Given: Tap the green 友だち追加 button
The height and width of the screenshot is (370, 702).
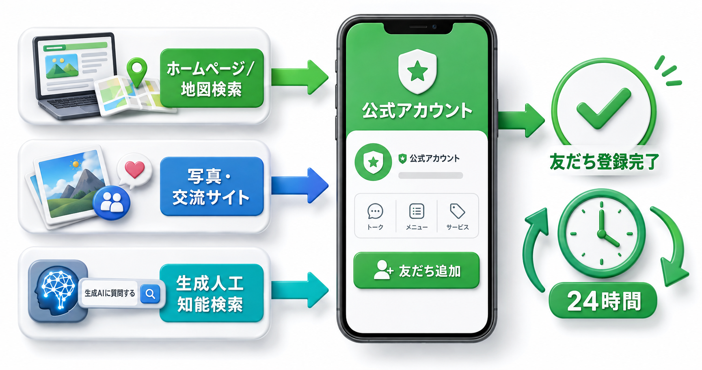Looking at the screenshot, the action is click(x=417, y=270).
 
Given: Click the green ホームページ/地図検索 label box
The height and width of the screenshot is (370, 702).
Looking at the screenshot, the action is click(x=212, y=78).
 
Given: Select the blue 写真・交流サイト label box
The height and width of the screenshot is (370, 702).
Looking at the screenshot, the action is click(x=212, y=186).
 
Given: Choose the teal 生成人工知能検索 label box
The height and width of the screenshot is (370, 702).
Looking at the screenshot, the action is click(x=212, y=293).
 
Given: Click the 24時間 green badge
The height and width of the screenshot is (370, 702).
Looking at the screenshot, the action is click(x=603, y=300).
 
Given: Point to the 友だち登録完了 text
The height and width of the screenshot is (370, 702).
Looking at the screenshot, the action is click(x=604, y=161).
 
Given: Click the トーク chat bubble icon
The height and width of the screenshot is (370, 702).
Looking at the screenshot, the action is click(x=375, y=211).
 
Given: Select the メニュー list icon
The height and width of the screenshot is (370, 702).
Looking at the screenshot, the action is click(x=417, y=211).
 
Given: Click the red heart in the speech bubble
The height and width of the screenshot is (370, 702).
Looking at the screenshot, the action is click(x=135, y=169).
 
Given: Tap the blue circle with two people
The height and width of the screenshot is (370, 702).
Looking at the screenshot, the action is click(x=112, y=202).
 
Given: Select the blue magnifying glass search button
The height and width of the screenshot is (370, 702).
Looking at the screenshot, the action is click(x=150, y=294).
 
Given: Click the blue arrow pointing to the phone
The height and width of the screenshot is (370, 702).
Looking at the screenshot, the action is click(x=300, y=185).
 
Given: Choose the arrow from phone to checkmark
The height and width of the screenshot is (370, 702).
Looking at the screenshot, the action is click(x=521, y=120).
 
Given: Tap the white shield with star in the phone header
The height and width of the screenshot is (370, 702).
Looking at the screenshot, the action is click(x=417, y=72).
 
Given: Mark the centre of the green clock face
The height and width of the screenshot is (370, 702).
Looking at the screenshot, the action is click(x=602, y=234).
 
